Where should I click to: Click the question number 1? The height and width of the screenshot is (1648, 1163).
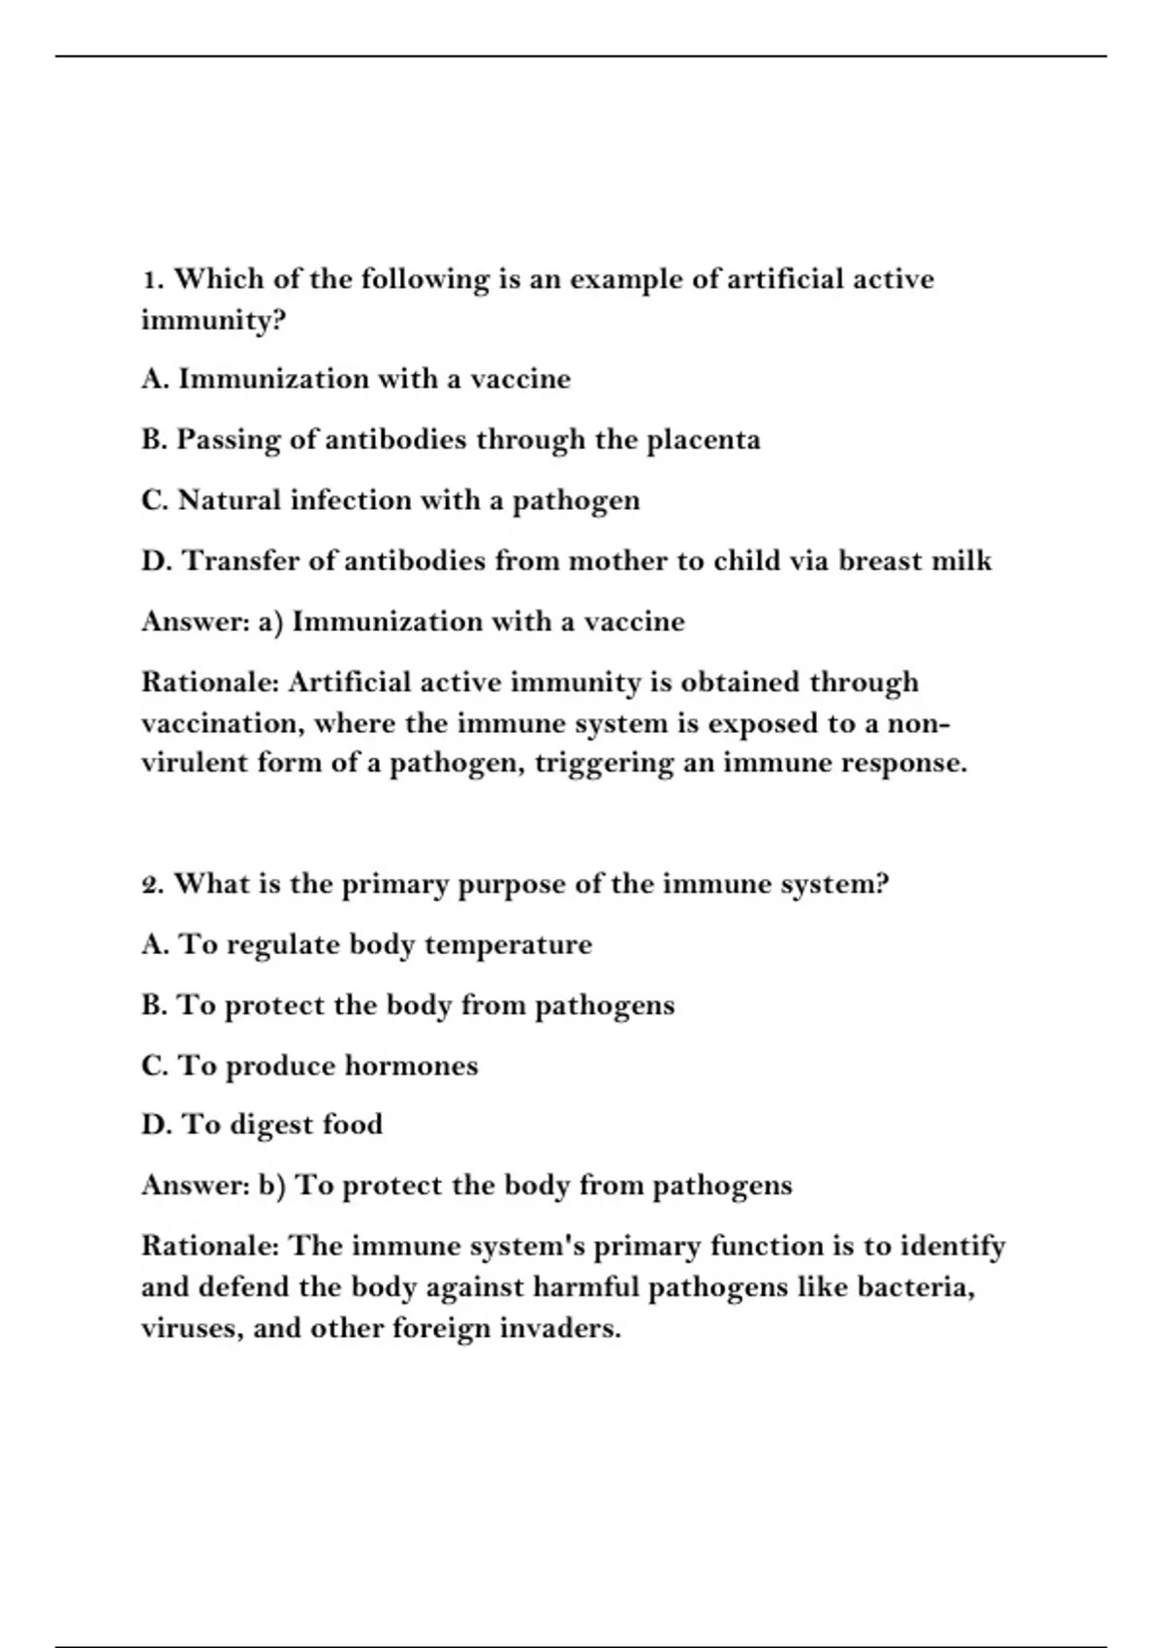click(x=150, y=280)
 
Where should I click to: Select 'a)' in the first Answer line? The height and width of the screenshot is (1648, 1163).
click(x=270, y=621)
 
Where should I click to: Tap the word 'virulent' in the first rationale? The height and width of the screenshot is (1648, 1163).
click(x=194, y=763)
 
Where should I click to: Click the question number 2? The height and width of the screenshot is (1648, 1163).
click(x=151, y=885)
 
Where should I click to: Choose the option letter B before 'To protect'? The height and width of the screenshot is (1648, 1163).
click(x=152, y=1005)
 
